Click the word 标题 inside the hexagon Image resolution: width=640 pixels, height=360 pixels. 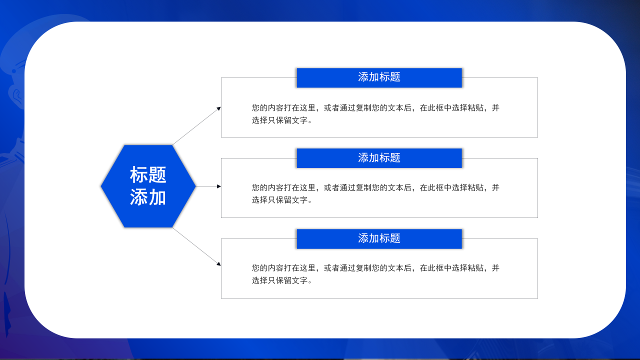pos(148,175)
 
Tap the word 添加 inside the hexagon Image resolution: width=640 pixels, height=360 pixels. pos(148,197)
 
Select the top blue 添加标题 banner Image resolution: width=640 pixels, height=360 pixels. pos(379,77)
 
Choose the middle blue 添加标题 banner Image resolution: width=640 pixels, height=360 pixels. pos(379,158)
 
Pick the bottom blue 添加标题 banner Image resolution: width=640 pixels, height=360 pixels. pos(379,238)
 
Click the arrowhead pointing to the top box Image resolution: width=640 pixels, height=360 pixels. pos(218,108)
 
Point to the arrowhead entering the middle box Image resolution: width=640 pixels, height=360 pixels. pos(218,186)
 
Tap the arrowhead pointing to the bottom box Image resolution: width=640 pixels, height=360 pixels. pos(218,263)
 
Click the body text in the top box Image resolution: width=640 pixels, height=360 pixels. pos(375,108)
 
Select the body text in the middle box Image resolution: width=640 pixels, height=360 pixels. pos(375,188)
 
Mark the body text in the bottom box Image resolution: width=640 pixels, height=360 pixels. pos(375,268)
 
